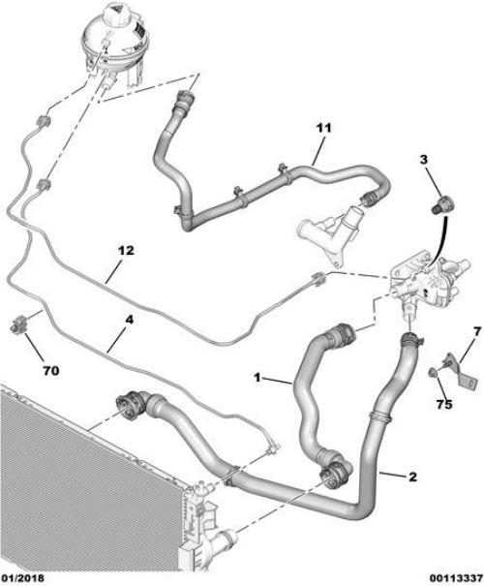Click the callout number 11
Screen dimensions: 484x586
tap(323, 128)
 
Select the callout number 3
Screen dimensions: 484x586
tap(423, 160)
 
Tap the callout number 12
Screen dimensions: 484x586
tap(127, 251)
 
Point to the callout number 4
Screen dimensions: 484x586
tap(129, 321)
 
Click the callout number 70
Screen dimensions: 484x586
tap(51, 371)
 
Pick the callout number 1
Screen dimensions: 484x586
tap(257, 378)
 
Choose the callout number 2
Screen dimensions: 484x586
tap(412, 477)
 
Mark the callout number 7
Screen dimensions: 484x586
tap(476, 331)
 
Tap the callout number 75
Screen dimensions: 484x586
tap(444, 404)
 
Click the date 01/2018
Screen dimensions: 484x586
tap(22, 578)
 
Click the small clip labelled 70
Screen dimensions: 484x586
tap(18, 324)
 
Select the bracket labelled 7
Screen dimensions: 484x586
tap(461, 374)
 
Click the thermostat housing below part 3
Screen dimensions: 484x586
tap(430, 281)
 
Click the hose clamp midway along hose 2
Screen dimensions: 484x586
tap(380, 415)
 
